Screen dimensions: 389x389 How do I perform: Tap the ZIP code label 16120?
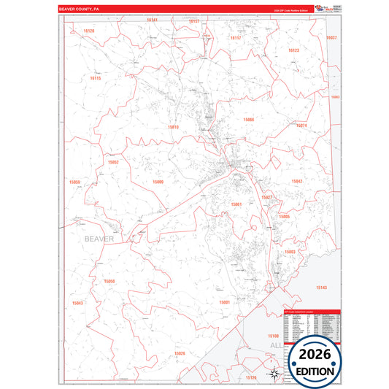click(89, 31)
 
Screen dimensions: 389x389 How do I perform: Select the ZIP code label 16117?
click(235, 37)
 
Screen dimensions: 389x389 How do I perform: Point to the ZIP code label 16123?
click(293, 50)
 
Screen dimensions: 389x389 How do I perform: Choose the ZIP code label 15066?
click(249, 119)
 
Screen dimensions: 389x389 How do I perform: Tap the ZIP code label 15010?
click(173, 127)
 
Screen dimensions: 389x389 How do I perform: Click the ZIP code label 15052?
click(113, 162)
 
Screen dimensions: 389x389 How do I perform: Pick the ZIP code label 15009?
click(158, 182)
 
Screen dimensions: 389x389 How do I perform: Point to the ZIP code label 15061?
click(236, 204)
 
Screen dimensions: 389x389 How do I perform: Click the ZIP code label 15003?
click(290, 252)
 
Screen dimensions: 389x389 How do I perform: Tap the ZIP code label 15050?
click(109, 281)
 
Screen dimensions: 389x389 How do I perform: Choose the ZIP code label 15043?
click(77, 303)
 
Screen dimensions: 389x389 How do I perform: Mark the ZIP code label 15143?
click(322, 288)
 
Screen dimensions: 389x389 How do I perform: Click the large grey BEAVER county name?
click(99, 239)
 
